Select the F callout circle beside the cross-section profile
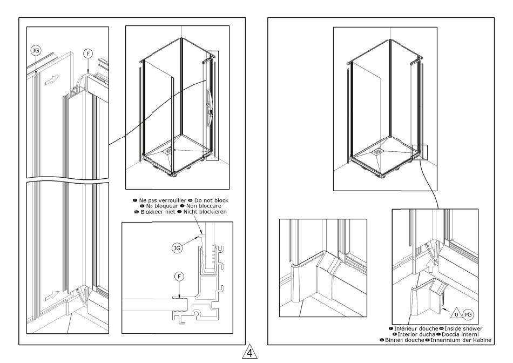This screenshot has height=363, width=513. point(180,276)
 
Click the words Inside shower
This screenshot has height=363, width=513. point(463,328)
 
